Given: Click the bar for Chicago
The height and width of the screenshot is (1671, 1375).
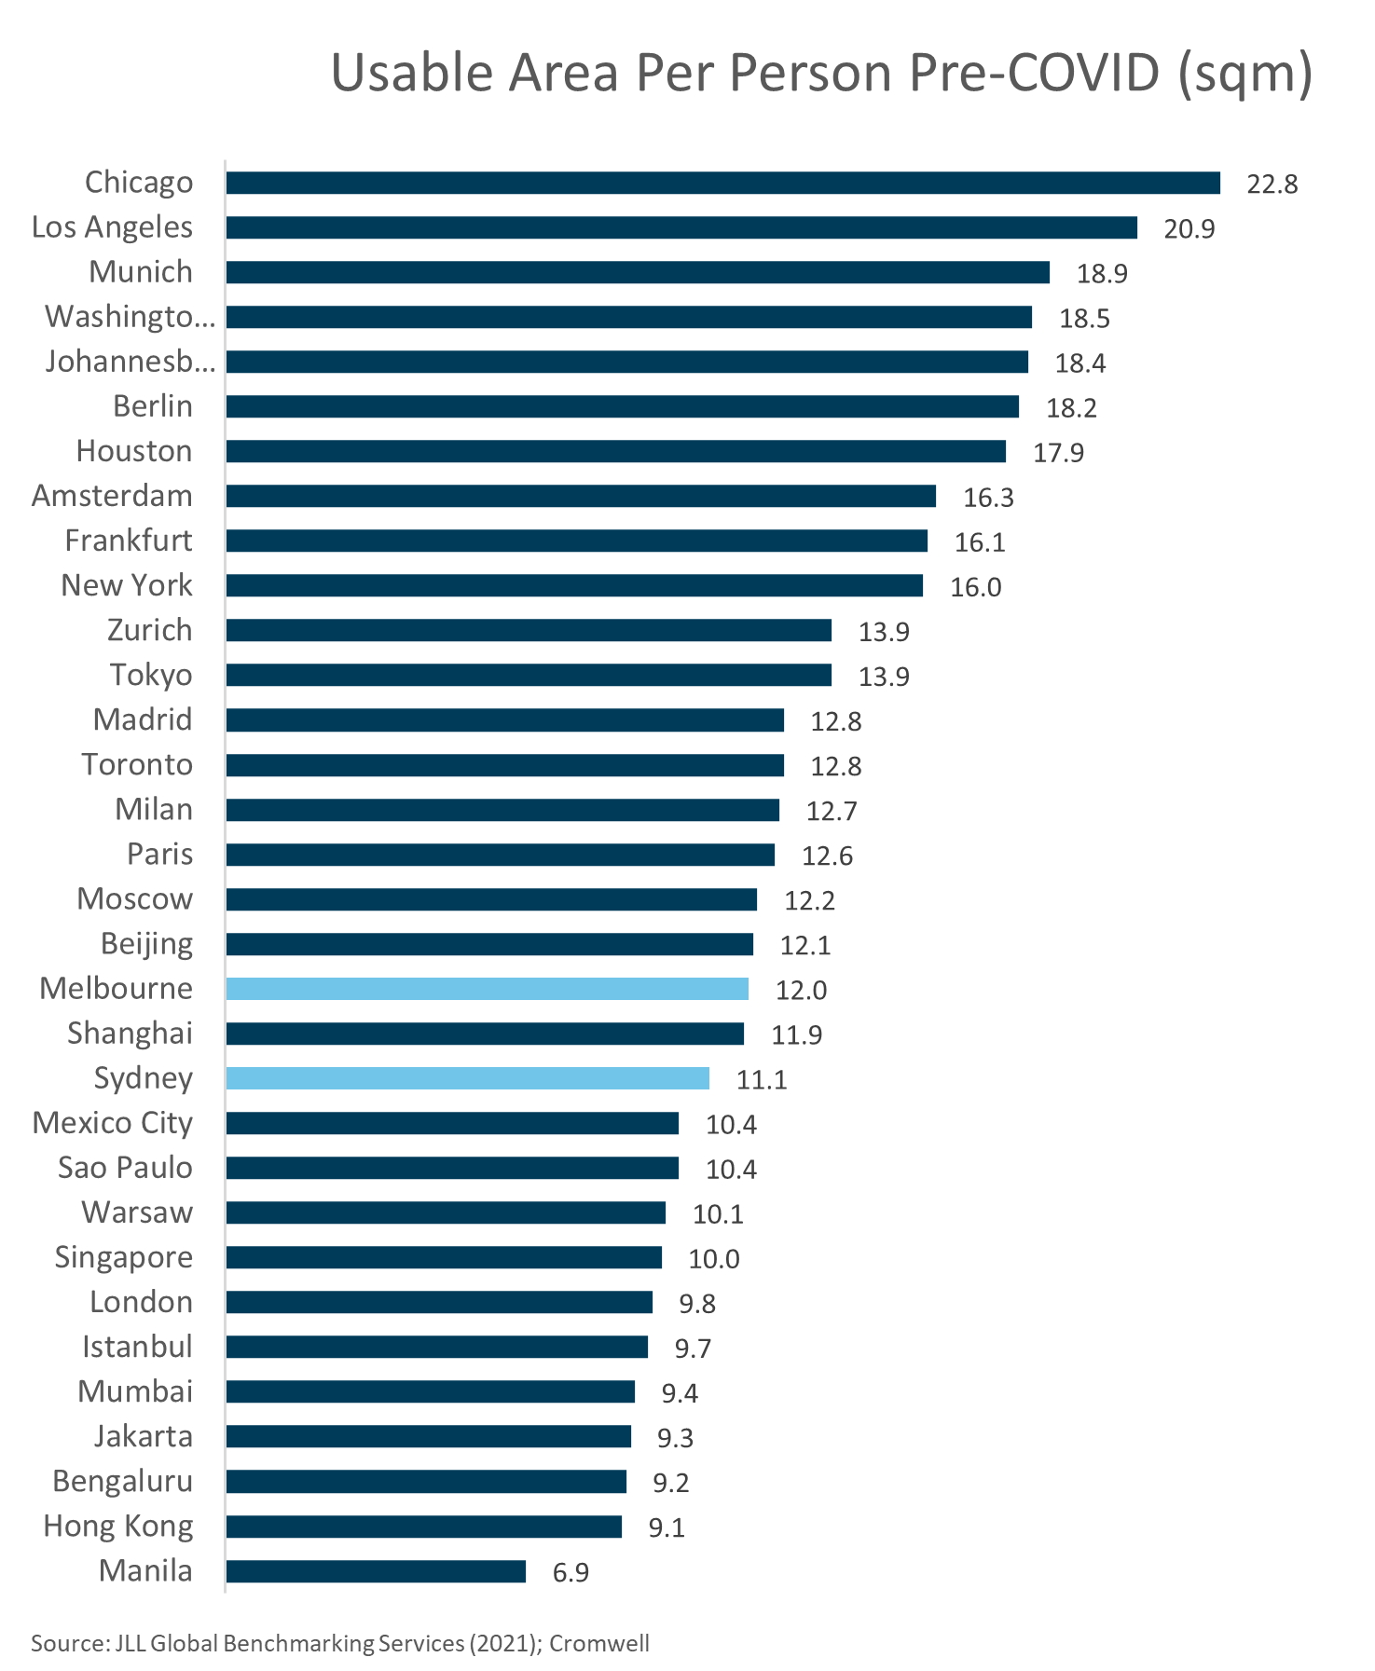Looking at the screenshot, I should point(722,183).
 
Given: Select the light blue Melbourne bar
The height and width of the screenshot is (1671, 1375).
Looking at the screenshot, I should point(487,989).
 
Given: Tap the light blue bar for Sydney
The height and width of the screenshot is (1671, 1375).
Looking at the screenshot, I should point(467,1078).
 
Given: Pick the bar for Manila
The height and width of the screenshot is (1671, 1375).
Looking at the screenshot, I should point(376,1571).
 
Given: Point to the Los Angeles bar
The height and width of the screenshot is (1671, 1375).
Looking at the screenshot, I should point(681,227).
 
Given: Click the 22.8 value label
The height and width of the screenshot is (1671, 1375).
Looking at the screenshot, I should point(1272,184).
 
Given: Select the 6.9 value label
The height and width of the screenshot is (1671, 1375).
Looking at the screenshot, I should point(571,1572).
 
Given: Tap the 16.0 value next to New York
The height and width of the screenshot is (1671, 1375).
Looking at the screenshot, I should point(975,587).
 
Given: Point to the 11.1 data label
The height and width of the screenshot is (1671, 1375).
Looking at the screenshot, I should point(762,1080).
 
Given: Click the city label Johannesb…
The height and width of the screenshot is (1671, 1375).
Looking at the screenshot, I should point(130,362).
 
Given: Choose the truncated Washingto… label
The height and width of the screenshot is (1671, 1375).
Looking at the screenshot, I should point(130,317).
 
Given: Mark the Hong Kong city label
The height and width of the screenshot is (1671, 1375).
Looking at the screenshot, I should point(118,1527).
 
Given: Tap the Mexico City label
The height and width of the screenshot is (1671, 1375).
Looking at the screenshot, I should point(113,1123).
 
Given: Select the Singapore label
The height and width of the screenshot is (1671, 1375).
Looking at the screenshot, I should point(124,1257).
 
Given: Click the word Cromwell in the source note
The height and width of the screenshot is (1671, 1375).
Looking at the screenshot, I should point(598,1643).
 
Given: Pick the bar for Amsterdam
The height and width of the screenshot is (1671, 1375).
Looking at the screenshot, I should point(581,496).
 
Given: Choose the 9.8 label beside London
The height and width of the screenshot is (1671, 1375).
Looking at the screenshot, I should point(696,1304).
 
